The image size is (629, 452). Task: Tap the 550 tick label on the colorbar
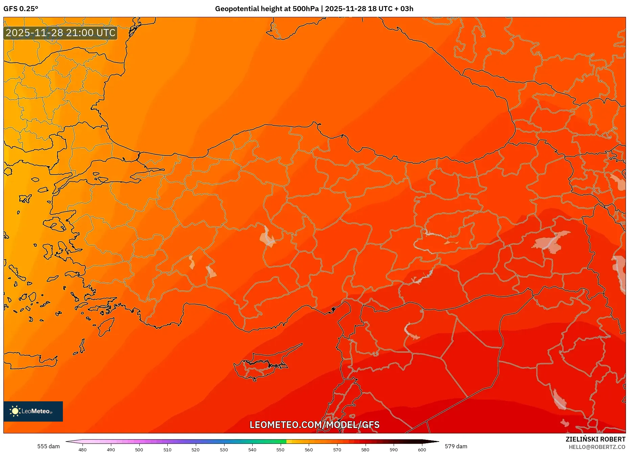click(x=280, y=450)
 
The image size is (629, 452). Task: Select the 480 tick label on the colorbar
click(x=83, y=450)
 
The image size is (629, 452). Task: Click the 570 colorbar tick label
click(x=337, y=450)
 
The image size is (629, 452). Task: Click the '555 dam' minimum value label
click(x=48, y=446)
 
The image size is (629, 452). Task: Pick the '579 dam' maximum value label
click(x=456, y=446)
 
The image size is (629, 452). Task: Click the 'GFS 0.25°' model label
click(x=21, y=9)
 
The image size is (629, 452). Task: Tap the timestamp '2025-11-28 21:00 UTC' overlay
click(x=61, y=33)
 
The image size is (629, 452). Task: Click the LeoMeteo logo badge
click(x=33, y=411)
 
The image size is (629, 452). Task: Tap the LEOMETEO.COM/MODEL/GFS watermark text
click(x=314, y=425)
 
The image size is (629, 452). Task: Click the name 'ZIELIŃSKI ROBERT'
click(x=595, y=439)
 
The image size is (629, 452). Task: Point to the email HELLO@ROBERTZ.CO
click(x=597, y=447)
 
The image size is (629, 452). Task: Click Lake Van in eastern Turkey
click(x=551, y=242)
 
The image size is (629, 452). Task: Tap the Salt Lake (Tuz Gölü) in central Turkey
click(x=267, y=236)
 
